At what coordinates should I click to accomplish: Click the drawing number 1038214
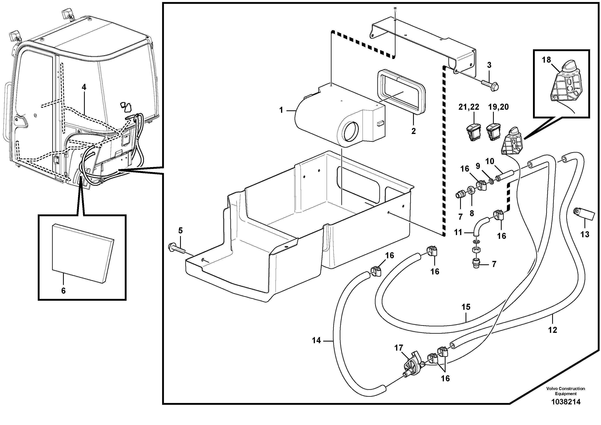(x=566, y=402)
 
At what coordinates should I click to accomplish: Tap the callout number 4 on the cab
(x=84, y=87)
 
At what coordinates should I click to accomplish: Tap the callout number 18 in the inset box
(x=546, y=60)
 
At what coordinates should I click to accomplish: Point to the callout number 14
(x=316, y=341)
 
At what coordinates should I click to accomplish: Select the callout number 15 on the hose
(x=466, y=307)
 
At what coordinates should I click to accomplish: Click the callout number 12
(x=552, y=330)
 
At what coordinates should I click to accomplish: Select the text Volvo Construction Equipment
(x=566, y=391)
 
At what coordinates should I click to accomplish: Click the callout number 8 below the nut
(x=472, y=213)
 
